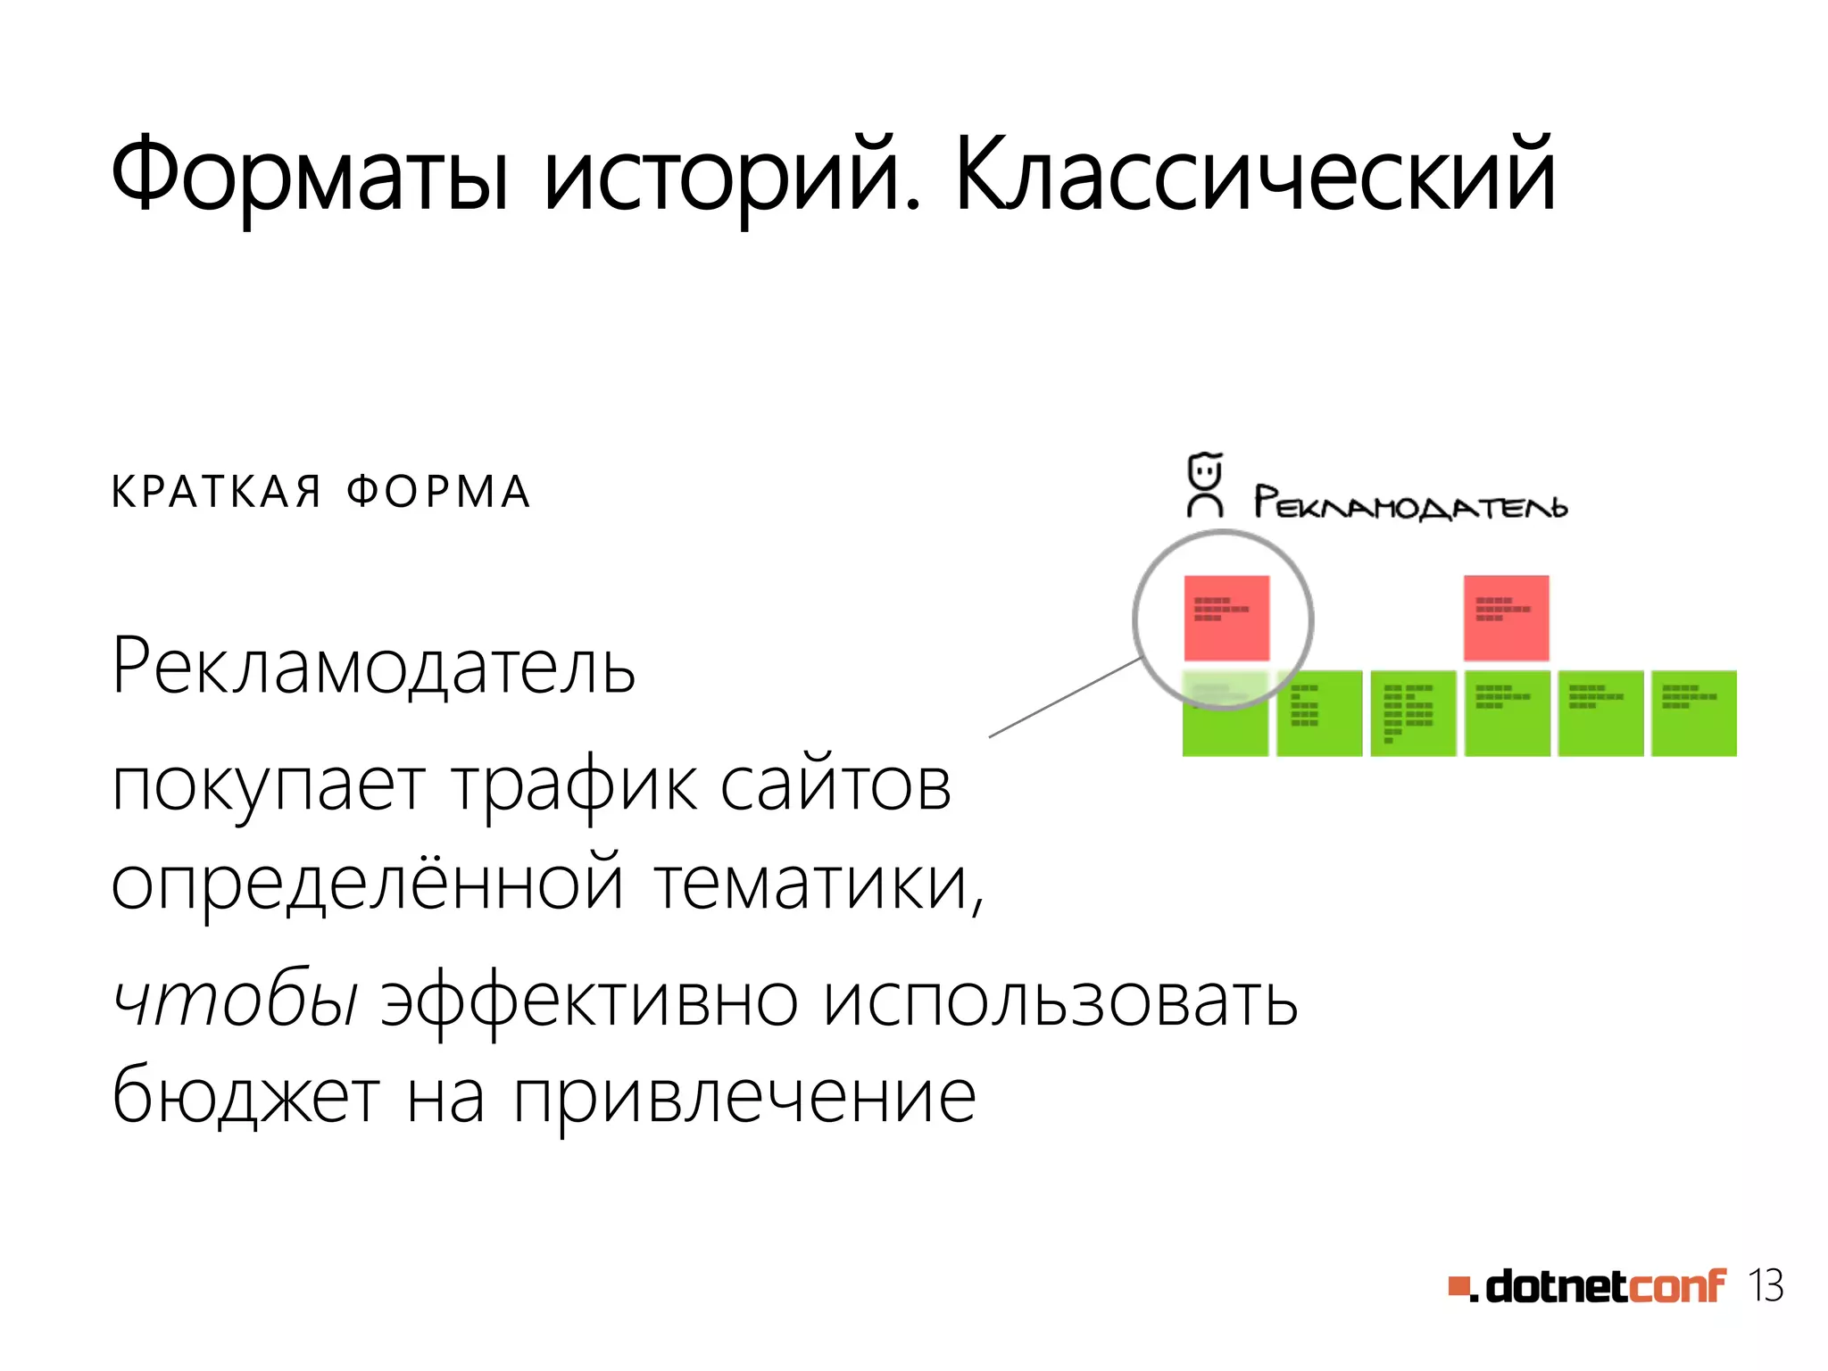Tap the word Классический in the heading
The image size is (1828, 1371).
[x=1254, y=174]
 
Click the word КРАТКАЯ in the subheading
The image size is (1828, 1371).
[x=216, y=492]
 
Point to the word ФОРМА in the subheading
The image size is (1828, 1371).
[x=439, y=492]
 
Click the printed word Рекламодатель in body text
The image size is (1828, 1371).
[x=373, y=667]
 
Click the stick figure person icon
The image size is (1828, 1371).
[x=1204, y=486]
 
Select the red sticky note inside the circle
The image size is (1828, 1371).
[x=1226, y=617]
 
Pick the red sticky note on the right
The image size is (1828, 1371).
[x=1506, y=617]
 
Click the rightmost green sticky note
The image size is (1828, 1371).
[x=1693, y=713]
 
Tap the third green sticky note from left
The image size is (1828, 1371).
[x=1413, y=713]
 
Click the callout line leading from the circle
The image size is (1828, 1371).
[x=1062, y=698]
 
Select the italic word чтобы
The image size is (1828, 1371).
[x=236, y=1000]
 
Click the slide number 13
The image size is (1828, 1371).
[x=1766, y=1286]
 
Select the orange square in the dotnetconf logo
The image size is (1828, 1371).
[x=1458, y=1286]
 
